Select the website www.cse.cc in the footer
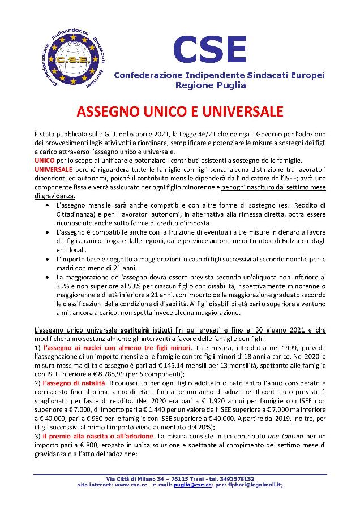(x=130, y=485)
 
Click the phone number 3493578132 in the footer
(x=234, y=478)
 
